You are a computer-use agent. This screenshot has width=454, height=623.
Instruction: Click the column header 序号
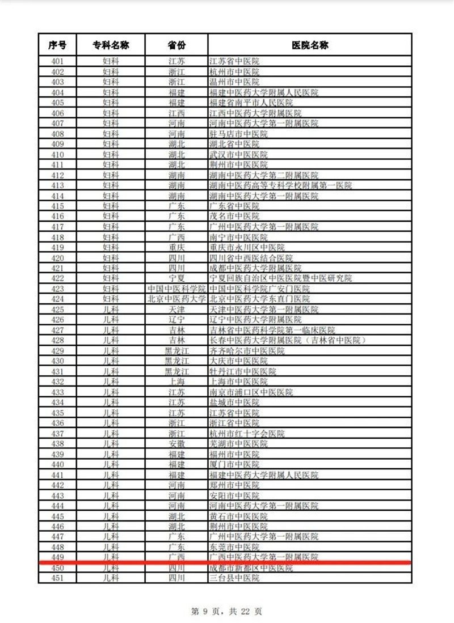[x=57, y=45]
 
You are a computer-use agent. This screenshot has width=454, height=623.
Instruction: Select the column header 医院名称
[x=310, y=45]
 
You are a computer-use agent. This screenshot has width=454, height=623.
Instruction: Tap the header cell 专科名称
[x=111, y=45]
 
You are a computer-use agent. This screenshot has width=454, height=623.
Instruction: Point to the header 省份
[x=176, y=45]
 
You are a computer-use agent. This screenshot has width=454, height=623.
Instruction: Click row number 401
[x=57, y=61]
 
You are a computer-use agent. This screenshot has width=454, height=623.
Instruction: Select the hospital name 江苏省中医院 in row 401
[x=234, y=61]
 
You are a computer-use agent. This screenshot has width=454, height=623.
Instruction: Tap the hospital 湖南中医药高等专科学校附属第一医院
[x=281, y=185]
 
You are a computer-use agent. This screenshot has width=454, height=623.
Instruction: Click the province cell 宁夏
[x=176, y=278]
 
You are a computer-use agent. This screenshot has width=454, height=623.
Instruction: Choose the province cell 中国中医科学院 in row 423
[x=176, y=289]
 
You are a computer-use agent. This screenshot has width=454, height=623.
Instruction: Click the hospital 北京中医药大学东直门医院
[x=260, y=299]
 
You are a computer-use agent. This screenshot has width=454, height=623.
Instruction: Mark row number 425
[x=57, y=310]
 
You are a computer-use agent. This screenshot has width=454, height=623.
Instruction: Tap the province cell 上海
[x=176, y=382]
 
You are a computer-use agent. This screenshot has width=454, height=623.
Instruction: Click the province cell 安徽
[x=176, y=444]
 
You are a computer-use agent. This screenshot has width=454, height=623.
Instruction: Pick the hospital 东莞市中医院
[x=234, y=547]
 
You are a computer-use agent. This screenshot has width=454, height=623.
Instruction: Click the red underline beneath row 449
[x=227, y=563]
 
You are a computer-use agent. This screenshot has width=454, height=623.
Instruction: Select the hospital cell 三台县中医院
[x=234, y=578]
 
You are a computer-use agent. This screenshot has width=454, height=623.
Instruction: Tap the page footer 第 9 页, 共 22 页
[x=226, y=611]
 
